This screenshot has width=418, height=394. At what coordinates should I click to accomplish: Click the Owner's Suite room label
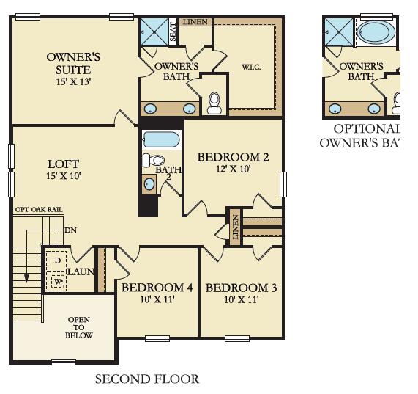click(x=73, y=62)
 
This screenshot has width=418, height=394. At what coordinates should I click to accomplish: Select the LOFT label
click(x=64, y=164)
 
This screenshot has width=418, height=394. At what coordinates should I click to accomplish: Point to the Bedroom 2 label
click(x=228, y=157)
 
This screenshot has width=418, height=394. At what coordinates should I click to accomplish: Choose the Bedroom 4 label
click(x=157, y=288)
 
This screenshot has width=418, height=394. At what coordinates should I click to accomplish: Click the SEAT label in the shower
click(x=173, y=32)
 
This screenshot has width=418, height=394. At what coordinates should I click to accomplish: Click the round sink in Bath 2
click(x=150, y=184)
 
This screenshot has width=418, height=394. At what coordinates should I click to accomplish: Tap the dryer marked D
click(x=56, y=260)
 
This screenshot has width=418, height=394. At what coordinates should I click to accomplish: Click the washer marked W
click(x=56, y=280)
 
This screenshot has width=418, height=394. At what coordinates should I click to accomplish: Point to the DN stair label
click(x=71, y=230)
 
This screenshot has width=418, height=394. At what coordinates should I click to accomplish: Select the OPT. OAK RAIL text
click(x=38, y=210)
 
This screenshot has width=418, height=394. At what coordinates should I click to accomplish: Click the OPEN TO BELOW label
click(x=79, y=327)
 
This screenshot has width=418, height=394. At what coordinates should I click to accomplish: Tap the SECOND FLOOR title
click(x=147, y=379)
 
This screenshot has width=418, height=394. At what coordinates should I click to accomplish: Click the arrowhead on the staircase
click(x=26, y=279)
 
